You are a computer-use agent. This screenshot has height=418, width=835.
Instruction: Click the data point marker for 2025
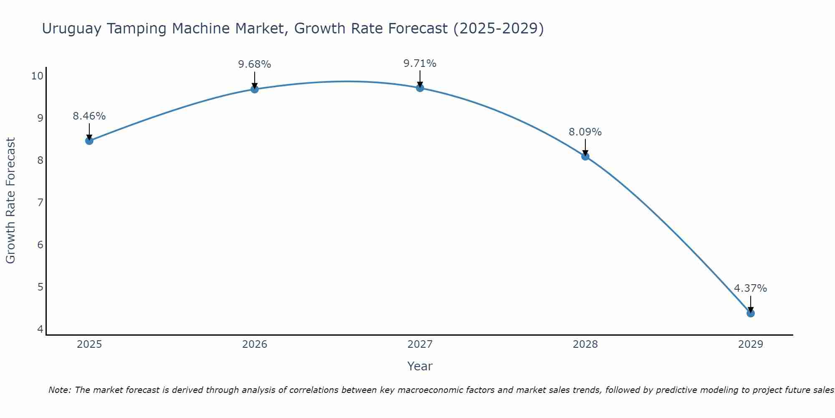point(89,141)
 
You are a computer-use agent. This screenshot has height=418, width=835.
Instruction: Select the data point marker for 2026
point(254,89)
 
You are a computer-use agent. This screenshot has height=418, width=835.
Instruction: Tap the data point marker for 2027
point(420,88)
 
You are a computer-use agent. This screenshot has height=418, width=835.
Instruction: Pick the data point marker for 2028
point(585,156)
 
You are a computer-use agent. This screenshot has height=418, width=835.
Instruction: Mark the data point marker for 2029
point(750,313)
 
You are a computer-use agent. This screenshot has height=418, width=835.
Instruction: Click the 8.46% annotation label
point(89,116)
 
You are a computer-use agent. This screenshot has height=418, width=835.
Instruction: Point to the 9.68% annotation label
point(254,64)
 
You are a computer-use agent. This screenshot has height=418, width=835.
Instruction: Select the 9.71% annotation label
point(420,64)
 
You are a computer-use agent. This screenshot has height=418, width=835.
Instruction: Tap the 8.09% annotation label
point(585,132)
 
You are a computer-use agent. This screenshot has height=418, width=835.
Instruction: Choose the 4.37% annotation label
point(750,288)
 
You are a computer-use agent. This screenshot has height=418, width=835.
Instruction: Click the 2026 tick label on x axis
point(255,344)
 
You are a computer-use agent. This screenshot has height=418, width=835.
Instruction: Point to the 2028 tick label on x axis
point(585,344)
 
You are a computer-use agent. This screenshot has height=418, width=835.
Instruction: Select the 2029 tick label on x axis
point(750,344)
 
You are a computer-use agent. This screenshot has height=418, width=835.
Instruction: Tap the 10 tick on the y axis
point(37,76)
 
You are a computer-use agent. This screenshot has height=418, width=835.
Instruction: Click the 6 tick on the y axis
point(40,245)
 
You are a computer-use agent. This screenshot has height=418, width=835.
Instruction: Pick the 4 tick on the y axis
point(40,329)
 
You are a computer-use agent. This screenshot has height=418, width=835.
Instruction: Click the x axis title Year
point(420,366)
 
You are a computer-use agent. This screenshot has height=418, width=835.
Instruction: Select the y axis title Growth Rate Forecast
point(11,201)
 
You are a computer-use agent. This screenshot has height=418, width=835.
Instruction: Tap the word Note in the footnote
point(59,390)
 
